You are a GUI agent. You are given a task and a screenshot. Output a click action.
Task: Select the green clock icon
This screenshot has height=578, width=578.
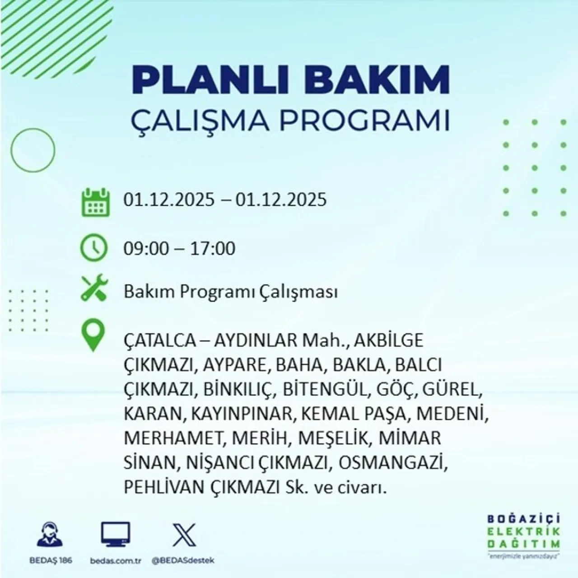[94, 248]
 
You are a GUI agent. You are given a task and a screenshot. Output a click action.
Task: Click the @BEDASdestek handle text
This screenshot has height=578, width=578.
[183, 560]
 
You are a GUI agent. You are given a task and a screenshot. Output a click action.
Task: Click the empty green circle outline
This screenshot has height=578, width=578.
[33, 149]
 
